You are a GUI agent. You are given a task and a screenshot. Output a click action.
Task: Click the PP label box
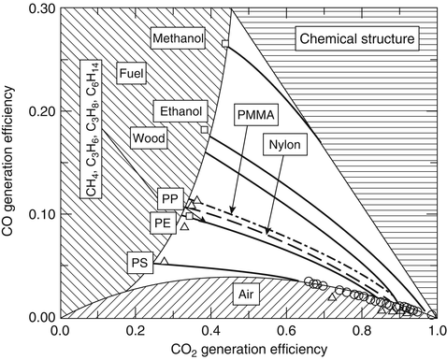169,198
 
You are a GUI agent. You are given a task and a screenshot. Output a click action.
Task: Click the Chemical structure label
355,38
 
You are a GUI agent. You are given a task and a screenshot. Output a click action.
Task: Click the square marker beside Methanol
224,44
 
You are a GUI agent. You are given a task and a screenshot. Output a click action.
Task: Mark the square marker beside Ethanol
204,129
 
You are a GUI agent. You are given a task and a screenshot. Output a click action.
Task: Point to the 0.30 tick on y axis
38,8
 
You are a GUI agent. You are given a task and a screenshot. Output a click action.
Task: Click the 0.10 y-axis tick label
38,214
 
